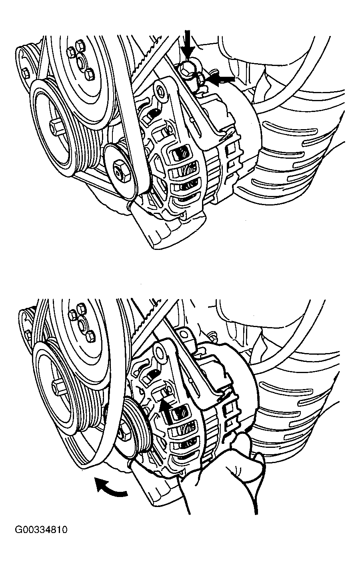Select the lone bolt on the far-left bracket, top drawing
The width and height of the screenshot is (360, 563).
(26, 73)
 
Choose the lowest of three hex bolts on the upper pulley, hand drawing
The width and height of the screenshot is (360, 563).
(89, 335)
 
